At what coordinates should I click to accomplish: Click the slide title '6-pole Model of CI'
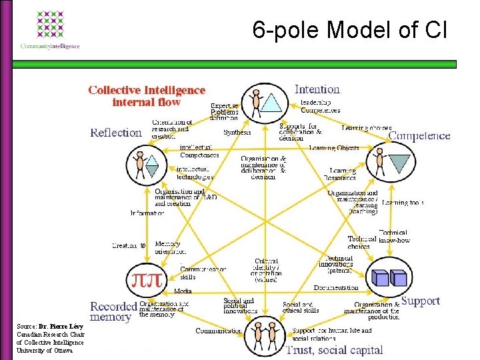click(350, 29)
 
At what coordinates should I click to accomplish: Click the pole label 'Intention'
click(317, 89)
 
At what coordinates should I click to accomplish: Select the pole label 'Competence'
click(419, 136)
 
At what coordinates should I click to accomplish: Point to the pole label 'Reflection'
click(116, 132)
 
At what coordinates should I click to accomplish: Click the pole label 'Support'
click(420, 301)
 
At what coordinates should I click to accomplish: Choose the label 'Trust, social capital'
click(334, 349)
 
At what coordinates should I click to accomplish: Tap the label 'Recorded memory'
click(113, 311)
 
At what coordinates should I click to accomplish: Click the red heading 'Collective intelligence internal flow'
click(147, 96)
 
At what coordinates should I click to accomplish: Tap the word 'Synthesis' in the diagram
click(237, 133)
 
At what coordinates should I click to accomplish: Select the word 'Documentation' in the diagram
click(336, 288)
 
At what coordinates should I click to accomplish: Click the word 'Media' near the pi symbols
click(183, 291)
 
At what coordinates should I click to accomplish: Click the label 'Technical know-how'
click(394, 236)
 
